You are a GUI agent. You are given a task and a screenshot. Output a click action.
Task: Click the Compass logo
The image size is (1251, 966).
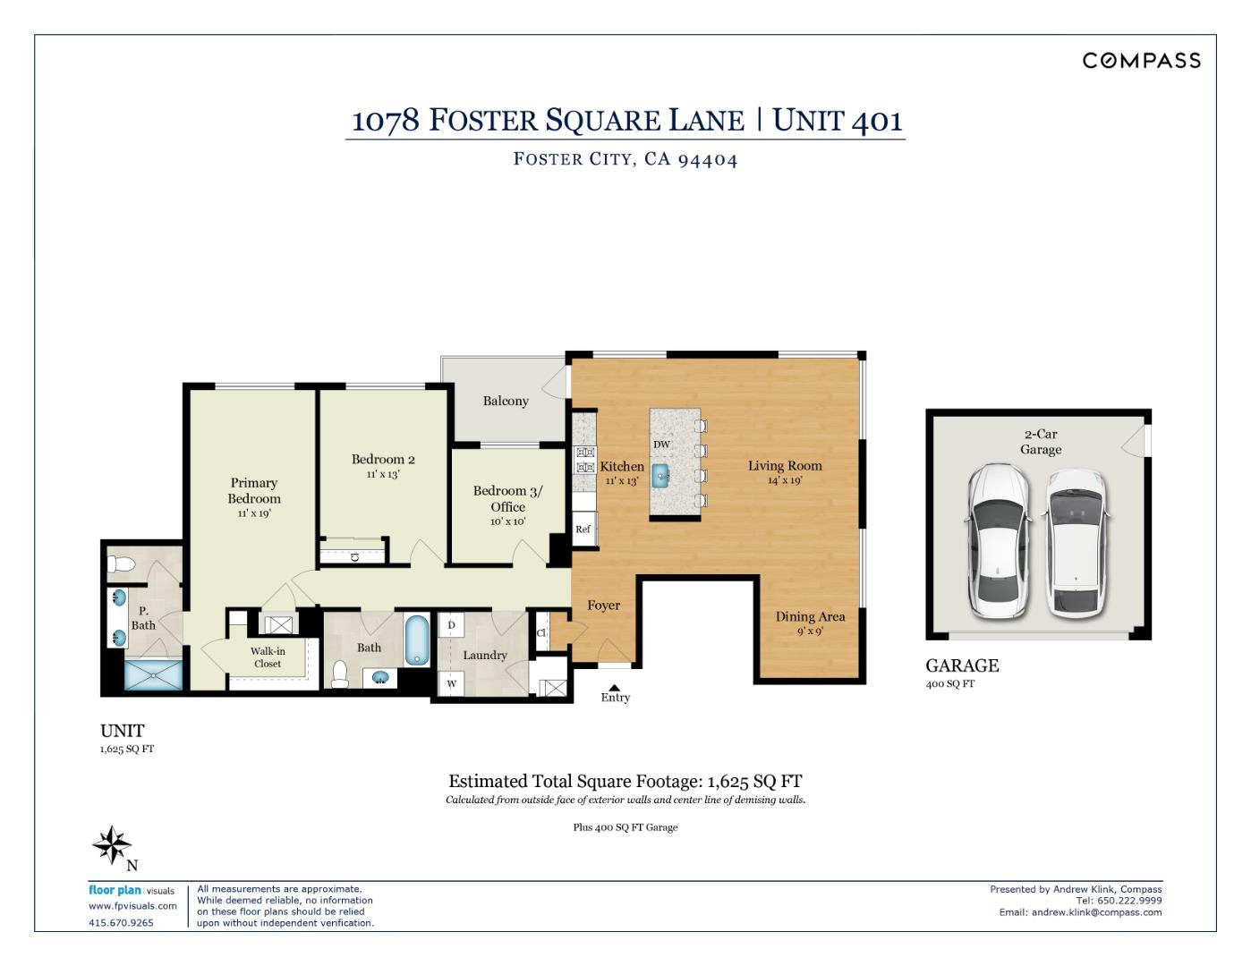(x=1141, y=60)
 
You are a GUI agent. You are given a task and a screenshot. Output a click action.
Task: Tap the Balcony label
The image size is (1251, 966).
(x=506, y=401)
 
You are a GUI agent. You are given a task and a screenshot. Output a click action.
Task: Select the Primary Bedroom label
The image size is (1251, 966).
(x=254, y=490)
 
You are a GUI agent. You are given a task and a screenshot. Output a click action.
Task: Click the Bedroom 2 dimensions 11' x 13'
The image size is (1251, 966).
(x=382, y=475)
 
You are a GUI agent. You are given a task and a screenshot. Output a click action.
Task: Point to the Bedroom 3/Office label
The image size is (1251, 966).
(x=507, y=498)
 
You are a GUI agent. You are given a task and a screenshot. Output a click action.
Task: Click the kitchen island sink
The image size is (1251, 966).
(x=660, y=475)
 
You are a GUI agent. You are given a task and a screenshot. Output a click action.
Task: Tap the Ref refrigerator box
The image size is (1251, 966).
(x=583, y=529)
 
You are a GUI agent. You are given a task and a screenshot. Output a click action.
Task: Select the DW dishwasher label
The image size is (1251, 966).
(x=661, y=445)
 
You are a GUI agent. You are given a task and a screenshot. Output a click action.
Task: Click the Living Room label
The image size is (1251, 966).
(x=785, y=465)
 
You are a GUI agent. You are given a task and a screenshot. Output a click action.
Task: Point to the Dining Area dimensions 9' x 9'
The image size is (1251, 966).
(x=810, y=631)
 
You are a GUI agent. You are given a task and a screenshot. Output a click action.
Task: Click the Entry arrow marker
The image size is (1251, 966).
(x=614, y=687)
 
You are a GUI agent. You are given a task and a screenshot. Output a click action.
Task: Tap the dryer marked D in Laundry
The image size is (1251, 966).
(x=451, y=625)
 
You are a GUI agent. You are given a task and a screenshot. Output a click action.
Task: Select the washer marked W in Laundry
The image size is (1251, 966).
(x=451, y=683)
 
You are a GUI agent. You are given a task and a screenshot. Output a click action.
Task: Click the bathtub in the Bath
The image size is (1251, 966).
(x=417, y=640)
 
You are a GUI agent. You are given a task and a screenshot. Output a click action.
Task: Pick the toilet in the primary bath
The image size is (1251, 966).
(x=120, y=563)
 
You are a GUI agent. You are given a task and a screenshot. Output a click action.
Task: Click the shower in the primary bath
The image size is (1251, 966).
(x=154, y=675)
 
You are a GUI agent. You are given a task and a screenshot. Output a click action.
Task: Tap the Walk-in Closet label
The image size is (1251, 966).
(x=268, y=657)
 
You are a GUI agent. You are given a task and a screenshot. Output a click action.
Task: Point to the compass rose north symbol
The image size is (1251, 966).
(x=113, y=845)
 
